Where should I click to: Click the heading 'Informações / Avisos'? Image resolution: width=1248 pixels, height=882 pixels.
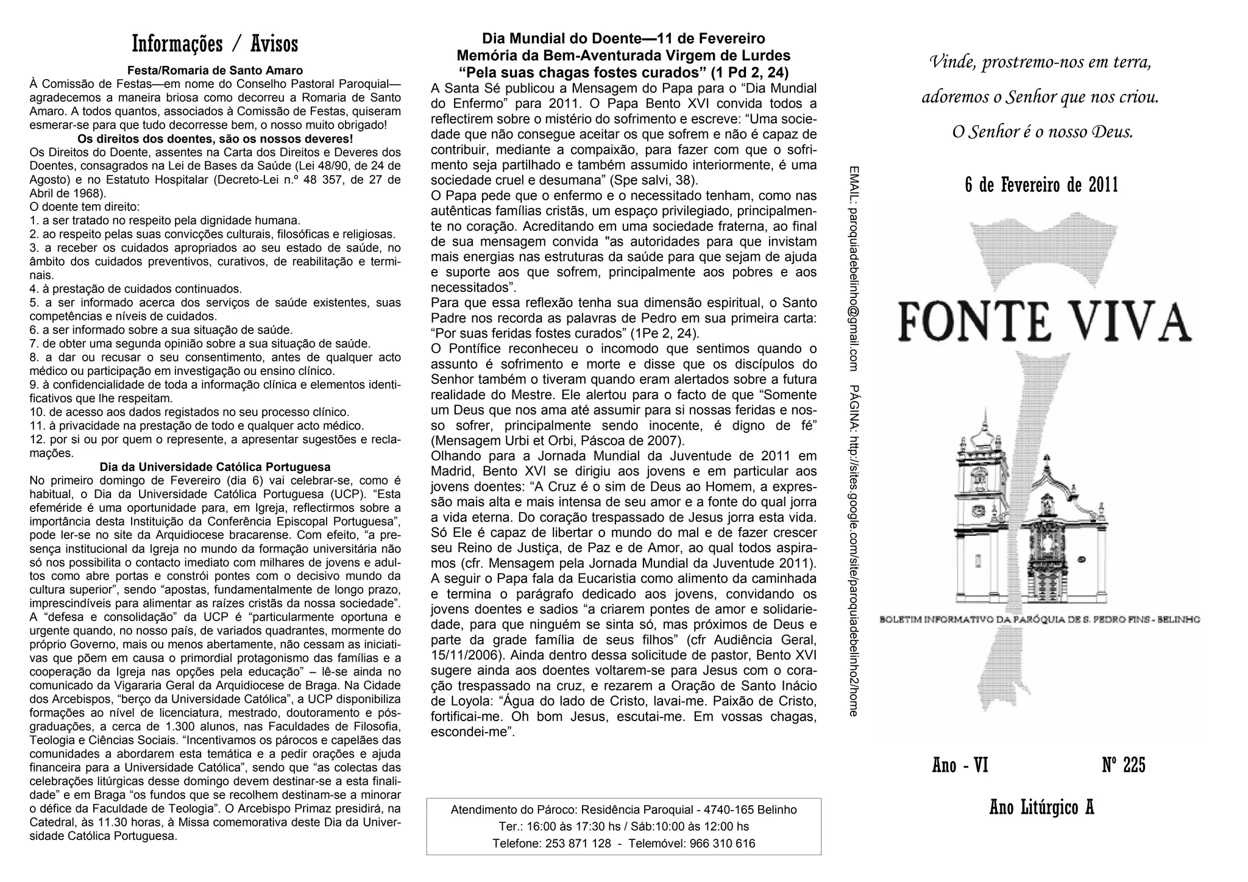coord(215,44)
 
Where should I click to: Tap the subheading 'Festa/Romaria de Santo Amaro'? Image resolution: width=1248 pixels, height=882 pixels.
coord(215,71)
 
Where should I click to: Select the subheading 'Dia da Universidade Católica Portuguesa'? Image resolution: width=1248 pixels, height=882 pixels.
coord(215,467)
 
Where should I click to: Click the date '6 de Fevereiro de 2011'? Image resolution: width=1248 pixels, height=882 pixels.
coord(1041,185)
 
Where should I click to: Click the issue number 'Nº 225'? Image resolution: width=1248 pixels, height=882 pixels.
coord(1124,766)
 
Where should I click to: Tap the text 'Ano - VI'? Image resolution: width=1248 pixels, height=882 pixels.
coord(960,766)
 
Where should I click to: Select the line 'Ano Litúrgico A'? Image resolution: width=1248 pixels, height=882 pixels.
coord(1041,808)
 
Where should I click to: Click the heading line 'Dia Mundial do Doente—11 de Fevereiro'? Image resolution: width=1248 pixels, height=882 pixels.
coord(623,39)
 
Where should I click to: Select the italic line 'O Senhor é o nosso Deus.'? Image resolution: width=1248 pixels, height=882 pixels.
coord(1043,132)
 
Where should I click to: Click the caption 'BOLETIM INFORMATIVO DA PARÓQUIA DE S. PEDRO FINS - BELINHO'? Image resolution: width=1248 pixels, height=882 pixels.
coord(1040,620)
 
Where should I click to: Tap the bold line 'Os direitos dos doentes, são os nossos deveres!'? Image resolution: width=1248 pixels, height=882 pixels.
coord(215,138)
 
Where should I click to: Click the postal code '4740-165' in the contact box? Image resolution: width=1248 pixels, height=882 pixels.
coord(725,810)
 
